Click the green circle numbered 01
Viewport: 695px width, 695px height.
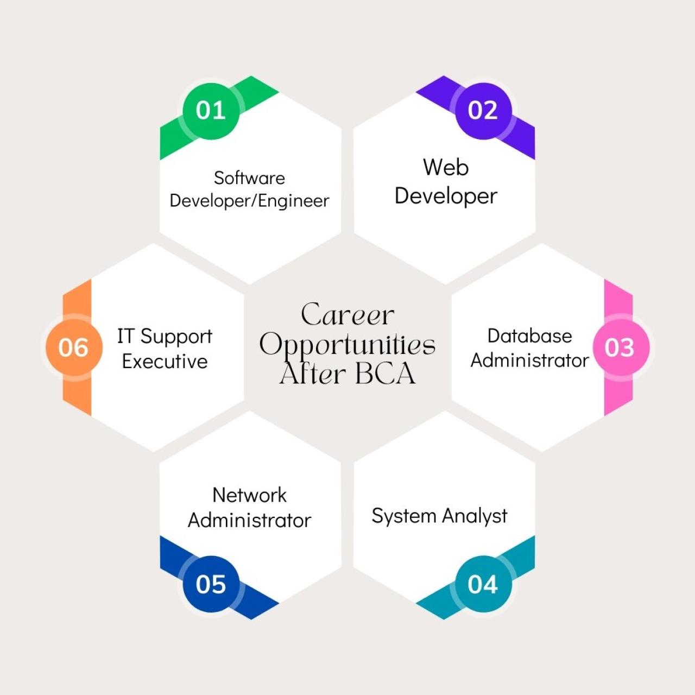point(211,111)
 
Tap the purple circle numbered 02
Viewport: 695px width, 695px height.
point(483,111)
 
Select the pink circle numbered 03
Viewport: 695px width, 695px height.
point(621,347)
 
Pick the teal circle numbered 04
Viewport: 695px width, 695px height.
point(483,584)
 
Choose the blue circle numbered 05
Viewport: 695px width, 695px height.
point(211,584)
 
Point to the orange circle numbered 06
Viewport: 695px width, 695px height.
point(74,347)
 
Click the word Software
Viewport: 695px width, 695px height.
point(249,178)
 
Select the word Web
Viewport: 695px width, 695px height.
point(446,167)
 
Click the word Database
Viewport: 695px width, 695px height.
point(529,336)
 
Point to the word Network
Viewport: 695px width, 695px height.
point(249,495)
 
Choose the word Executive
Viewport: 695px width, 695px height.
point(165,361)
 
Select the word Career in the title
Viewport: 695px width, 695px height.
point(347,315)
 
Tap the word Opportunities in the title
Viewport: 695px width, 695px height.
point(347,345)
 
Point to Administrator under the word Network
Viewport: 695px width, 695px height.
point(249,521)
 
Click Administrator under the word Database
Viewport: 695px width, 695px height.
point(529,361)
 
